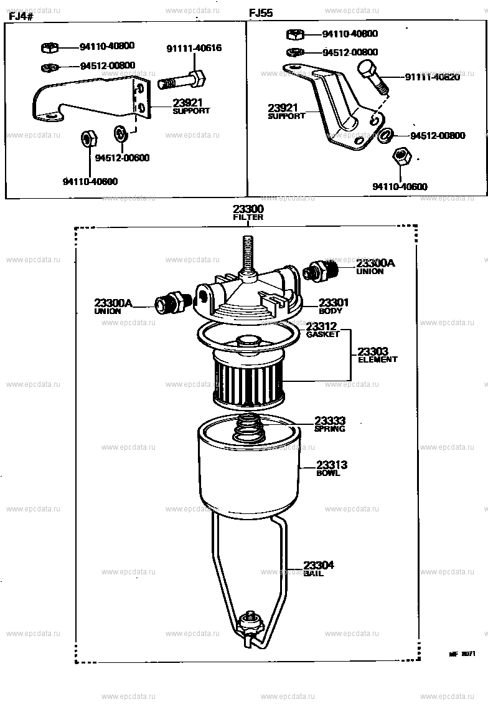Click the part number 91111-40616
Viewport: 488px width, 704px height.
click(193, 49)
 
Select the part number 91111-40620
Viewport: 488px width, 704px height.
click(431, 77)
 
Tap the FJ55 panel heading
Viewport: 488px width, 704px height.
click(261, 13)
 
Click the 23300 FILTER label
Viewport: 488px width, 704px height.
click(248, 212)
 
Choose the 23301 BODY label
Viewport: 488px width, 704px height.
click(333, 305)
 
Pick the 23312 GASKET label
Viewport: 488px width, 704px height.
click(322, 329)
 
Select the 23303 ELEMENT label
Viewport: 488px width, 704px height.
click(377, 355)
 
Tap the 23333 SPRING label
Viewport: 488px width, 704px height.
click(329, 424)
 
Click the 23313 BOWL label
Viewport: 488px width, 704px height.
click(332, 468)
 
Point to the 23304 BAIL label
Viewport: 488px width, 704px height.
click(319, 568)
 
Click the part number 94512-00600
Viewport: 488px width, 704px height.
click(122, 158)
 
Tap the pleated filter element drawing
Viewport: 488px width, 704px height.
click(248, 380)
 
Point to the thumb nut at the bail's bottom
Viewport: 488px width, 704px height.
click(252, 619)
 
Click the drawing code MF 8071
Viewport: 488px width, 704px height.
click(462, 655)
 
